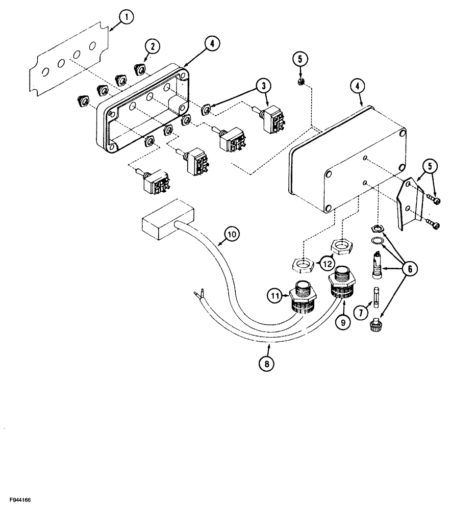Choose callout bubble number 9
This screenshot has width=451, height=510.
(342, 322)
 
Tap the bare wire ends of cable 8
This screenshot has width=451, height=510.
(199, 295)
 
